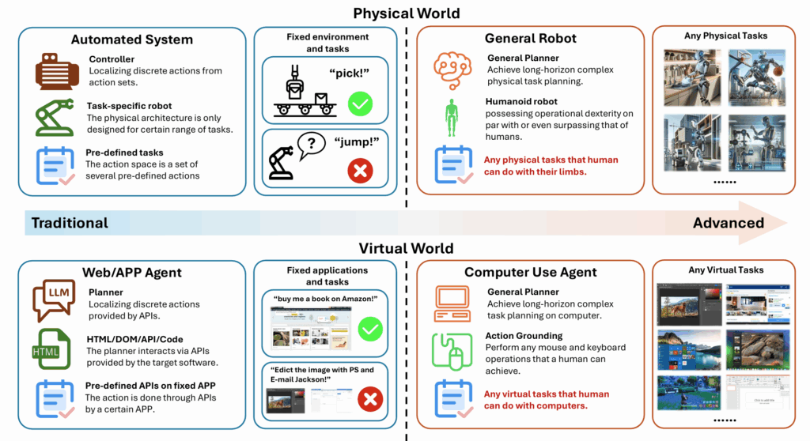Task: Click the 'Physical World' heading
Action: pyautogui.click(x=406, y=13)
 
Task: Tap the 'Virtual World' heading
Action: pyautogui.click(x=406, y=248)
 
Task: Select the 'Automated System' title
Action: pyautogui.click(x=131, y=39)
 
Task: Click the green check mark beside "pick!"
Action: pyautogui.click(x=360, y=102)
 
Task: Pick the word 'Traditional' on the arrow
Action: pyautogui.click(x=70, y=223)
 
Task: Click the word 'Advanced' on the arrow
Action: pyautogui.click(x=729, y=223)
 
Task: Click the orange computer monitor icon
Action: pyautogui.click(x=452, y=303)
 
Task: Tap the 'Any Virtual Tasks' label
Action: pyautogui.click(x=726, y=270)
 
